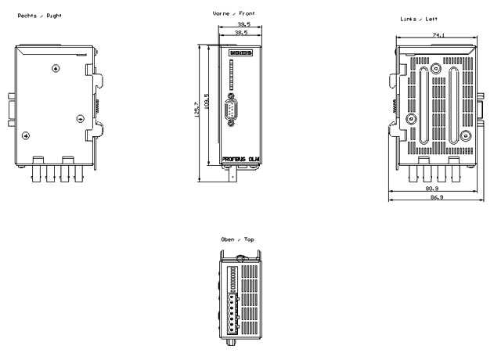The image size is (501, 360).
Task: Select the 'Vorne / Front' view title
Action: (x=233, y=13)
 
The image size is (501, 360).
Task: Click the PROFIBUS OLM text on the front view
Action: (x=241, y=158)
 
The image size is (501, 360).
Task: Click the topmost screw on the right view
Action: (x=56, y=69)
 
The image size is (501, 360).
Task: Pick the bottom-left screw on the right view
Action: (x=27, y=135)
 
